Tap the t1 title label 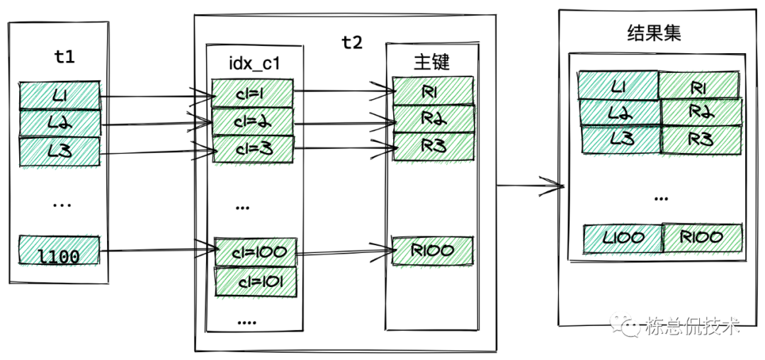(x=64, y=57)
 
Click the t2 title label (x=351, y=43)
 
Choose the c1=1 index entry (x=252, y=92)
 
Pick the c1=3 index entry (x=252, y=149)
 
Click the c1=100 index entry (x=255, y=252)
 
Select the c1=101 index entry (x=255, y=281)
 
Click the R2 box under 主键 (x=433, y=118)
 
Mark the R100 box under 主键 (x=433, y=249)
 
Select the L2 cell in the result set (x=620, y=112)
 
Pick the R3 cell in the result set (x=701, y=138)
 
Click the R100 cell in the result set (x=703, y=237)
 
